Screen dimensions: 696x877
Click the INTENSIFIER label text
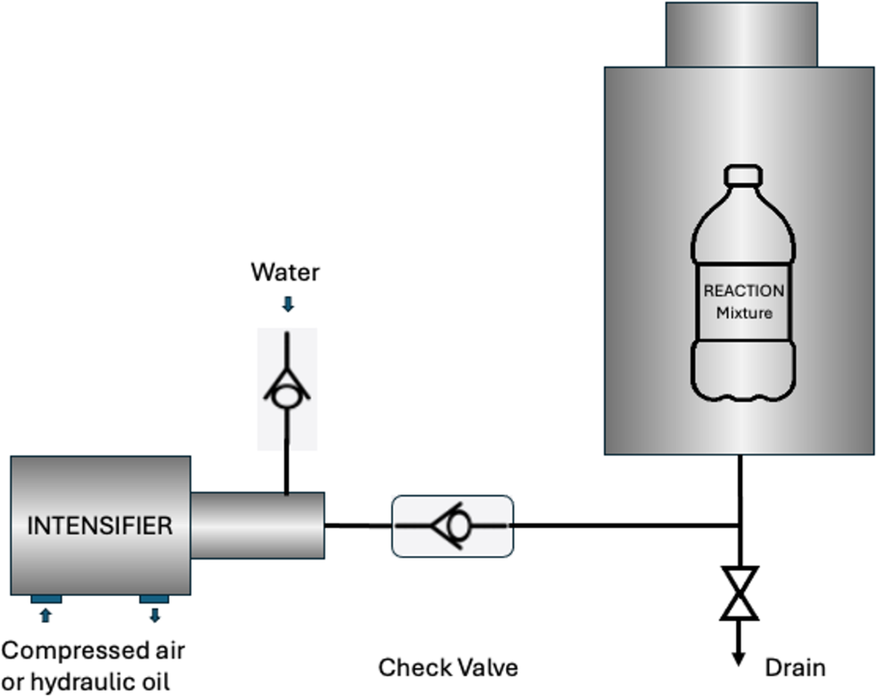[x=100, y=526]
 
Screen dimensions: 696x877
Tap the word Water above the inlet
[x=285, y=271]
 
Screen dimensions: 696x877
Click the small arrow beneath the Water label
[x=287, y=305]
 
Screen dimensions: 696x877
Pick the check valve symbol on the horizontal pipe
[x=452, y=526]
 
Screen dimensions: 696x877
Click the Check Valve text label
[x=448, y=667]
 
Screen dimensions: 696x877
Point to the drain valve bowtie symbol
[x=740, y=592]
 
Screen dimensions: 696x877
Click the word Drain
[x=796, y=667]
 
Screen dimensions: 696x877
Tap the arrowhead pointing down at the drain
[x=740, y=657]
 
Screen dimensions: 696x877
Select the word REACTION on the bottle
[x=744, y=291]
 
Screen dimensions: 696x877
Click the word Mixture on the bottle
[x=744, y=313]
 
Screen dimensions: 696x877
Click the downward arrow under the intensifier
[x=154, y=615]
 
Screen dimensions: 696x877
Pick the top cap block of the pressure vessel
[x=740, y=34]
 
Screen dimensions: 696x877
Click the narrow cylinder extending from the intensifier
[x=257, y=525]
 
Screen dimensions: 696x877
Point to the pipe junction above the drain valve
[x=740, y=526]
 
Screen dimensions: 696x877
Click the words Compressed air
[x=94, y=650]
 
